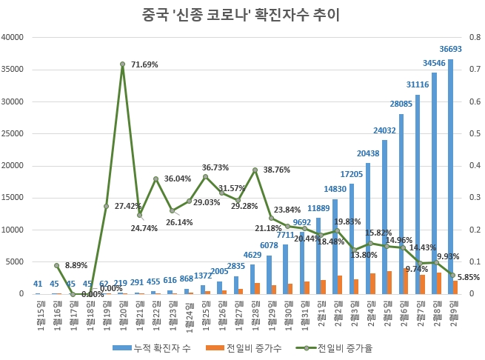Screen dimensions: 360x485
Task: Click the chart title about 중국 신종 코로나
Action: tap(242, 13)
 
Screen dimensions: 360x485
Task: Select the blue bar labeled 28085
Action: tap(401, 204)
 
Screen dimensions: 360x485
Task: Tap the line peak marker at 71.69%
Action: tap(123, 64)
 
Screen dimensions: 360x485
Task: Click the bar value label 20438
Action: tap(368, 153)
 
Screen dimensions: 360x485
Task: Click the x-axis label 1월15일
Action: tap(39, 310)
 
